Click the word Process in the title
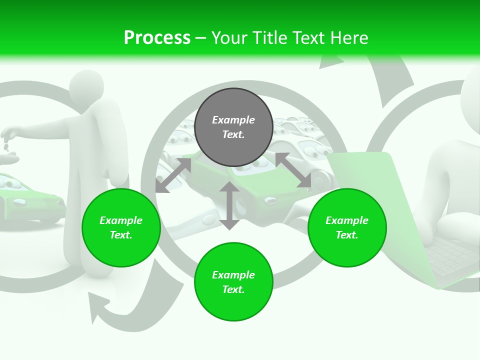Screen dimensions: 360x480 157,38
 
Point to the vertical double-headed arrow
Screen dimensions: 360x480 229,205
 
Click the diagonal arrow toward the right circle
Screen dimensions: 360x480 293,170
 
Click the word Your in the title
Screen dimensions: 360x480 228,38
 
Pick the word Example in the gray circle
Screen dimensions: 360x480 233,120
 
